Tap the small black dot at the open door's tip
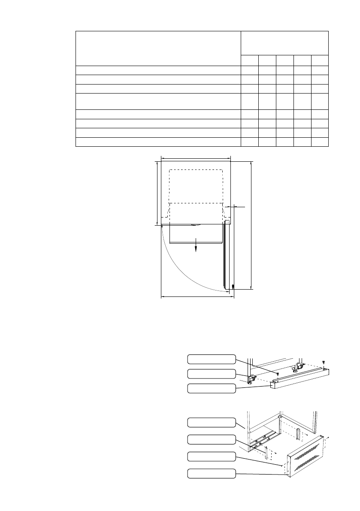(x=233, y=286)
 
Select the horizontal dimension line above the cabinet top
(x=196, y=157)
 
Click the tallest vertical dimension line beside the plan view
(x=251, y=225)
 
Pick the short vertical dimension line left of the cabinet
(x=157, y=193)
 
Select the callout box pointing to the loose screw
(x=212, y=359)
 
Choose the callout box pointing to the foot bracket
(x=212, y=374)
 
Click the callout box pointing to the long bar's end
(x=212, y=388)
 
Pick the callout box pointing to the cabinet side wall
(x=212, y=422)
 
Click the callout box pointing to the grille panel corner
(x=212, y=474)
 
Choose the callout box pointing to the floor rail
(x=212, y=439)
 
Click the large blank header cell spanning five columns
(x=284, y=43)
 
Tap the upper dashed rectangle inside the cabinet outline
(x=196, y=186)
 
